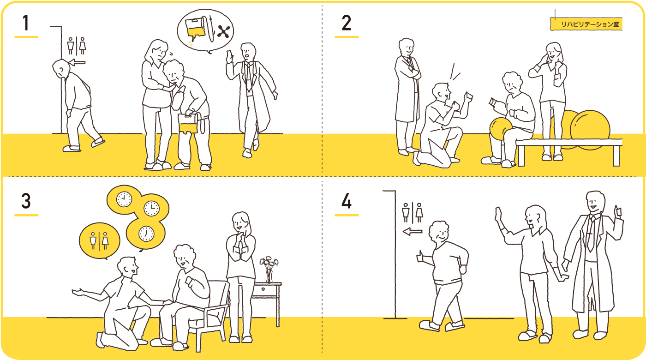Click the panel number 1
point(26,23)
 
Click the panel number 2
point(346,23)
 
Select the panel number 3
point(26,202)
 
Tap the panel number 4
point(346,202)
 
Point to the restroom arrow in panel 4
point(413,231)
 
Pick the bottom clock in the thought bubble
point(146,233)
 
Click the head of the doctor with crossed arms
point(407,47)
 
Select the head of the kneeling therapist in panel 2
point(442,92)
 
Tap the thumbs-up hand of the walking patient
point(421,256)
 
